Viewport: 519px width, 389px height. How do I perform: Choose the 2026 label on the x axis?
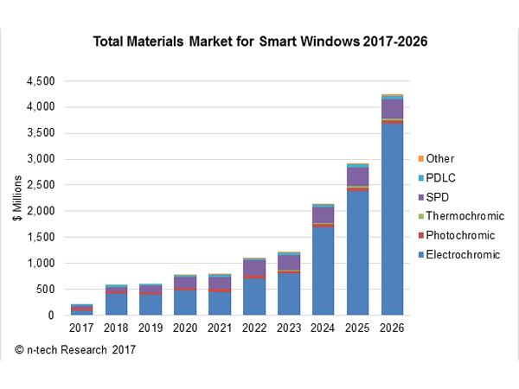[393, 328]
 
